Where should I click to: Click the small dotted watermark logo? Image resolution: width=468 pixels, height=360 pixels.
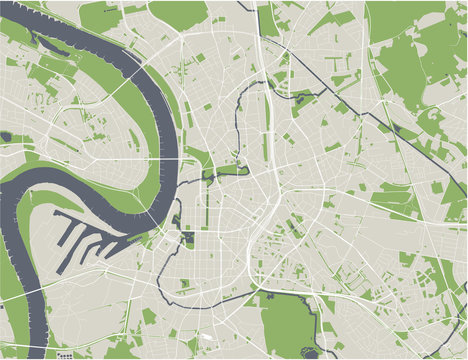click(65, 356)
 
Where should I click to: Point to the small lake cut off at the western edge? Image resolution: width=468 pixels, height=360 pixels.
click(4, 136)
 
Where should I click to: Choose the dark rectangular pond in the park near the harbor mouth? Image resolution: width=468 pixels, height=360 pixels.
click(188, 238)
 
